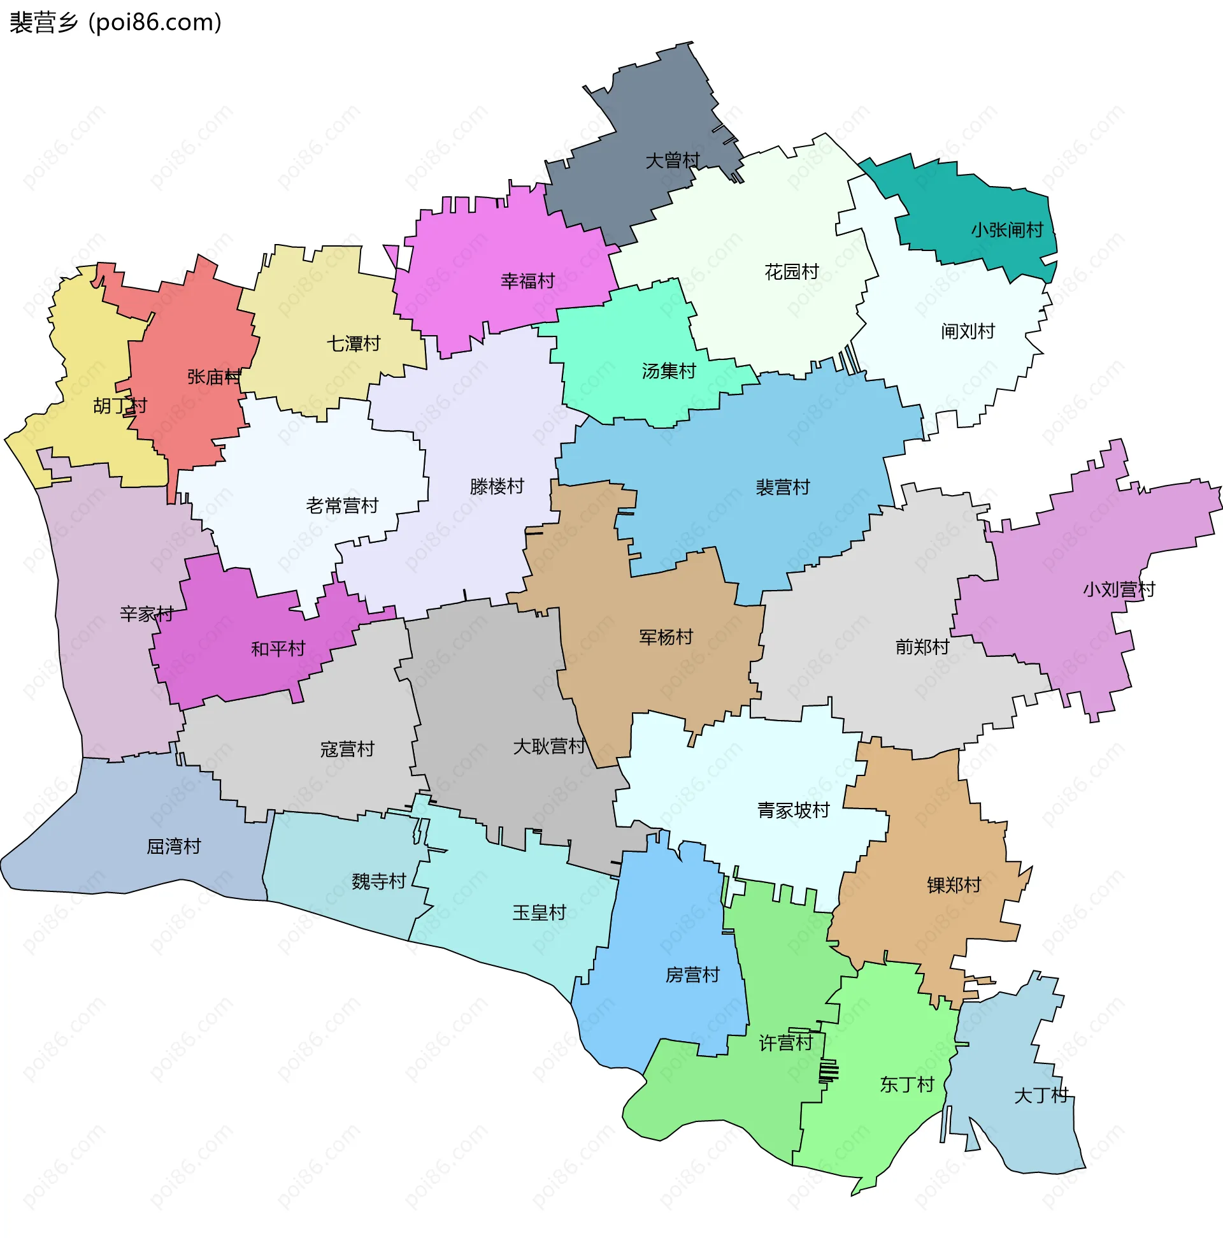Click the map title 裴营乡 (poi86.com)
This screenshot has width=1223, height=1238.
click(x=116, y=23)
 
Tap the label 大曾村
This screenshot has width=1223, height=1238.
click(x=672, y=160)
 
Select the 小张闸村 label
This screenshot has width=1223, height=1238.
click(x=1007, y=230)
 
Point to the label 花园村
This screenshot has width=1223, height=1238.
click(x=792, y=272)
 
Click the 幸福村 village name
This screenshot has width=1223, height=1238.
click(x=528, y=281)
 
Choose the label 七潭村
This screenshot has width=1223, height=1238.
click(x=354, y=344)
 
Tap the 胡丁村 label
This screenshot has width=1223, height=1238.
click(x=120, y=407)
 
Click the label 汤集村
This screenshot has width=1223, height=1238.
click(x=669, y=371)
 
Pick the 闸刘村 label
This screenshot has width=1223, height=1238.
click(x=968, y=332)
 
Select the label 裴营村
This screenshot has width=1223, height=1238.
click(x=783, y=488)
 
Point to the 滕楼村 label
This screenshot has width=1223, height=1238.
click(x=497, y=487)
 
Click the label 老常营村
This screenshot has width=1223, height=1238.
click(x=342, y=506)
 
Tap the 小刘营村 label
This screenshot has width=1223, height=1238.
click(x=1119, y=590)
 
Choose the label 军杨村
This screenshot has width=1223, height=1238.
click(x=666, y=638)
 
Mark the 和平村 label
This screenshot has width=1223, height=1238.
click(x=278, y=650)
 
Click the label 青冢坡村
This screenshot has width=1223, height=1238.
click(x=793, y=811)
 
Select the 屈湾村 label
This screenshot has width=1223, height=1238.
click(x=174, y=847)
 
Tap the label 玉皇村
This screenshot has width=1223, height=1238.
click(x=540, y=913)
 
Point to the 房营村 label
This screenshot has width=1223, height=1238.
click(x=692, y=975)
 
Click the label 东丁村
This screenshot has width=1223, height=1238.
click(x=907, y=1085)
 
